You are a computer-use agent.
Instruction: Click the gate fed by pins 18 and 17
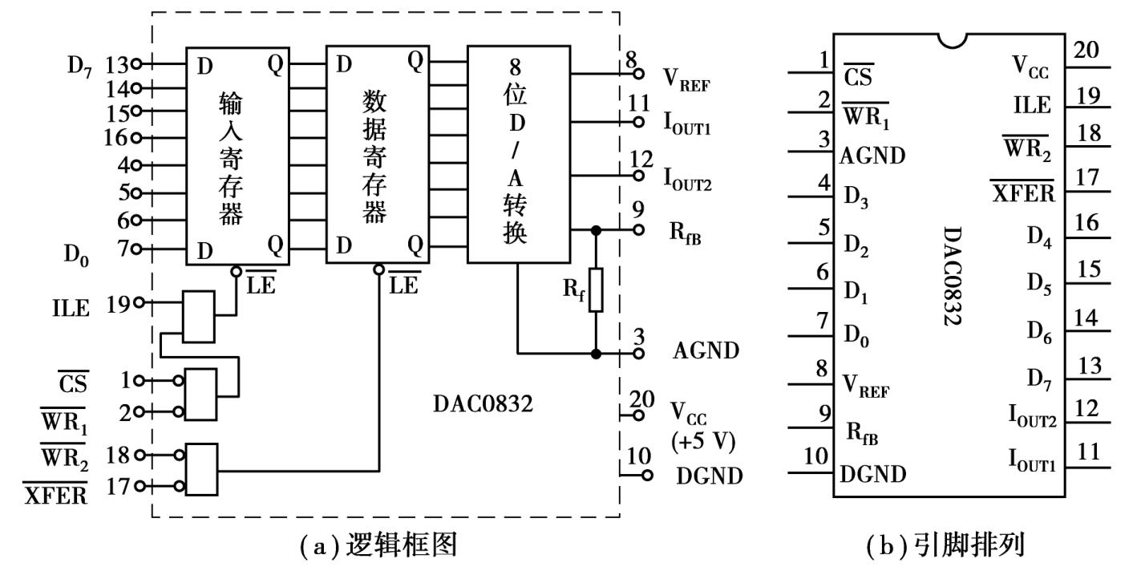pyautogui.click(x=200, y=470)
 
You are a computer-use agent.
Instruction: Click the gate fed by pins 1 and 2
pyautogui.click(x=200, y=394)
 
